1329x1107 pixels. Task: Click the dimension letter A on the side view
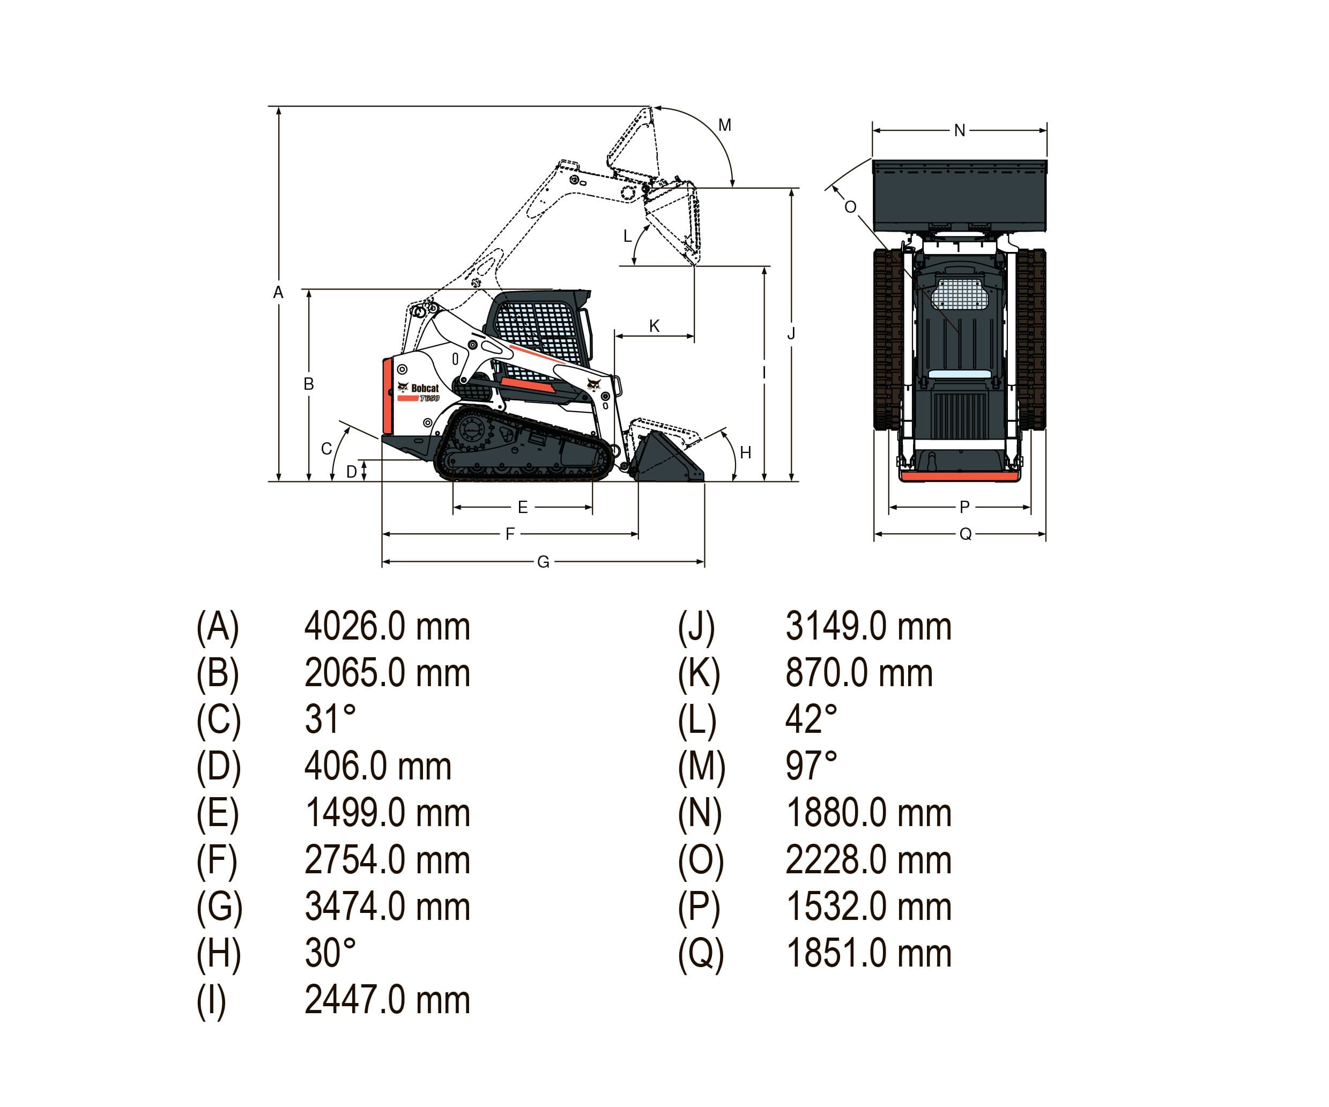pyautogui.click(x=278, y=292)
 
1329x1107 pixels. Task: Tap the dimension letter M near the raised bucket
pyautogui.click(x=725, y=125)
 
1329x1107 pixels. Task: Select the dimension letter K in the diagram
pyautogui.click(x=655, y=326)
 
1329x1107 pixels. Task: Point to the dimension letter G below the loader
pyautogui.click(x=543, y=562)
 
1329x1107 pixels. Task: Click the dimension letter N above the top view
pyautogui.click(x=960, y=130)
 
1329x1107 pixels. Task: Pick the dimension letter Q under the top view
pyautogui.click(x=965, y=534)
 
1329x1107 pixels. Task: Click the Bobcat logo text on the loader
pyautogui.click(x=424, y=388)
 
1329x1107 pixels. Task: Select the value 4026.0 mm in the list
pyautogui.click(x=387, y=627)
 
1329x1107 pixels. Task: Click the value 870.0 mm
pyautogui.click(x=859, y=673)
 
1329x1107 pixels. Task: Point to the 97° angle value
pyautogui.click(x=811, y=766)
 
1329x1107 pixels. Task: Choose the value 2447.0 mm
pyautogui.click(x=387, y=1000)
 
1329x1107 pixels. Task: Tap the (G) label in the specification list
pyautogui.click(x=219, y=907)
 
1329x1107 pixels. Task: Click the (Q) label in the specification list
pyautogui.click(x=701, y=953)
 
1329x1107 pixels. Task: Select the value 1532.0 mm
pyautogui.click(x=868, y=907)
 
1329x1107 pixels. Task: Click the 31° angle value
pyautogui.click(x=330, y=719)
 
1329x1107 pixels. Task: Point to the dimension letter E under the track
pyautogui.click(x=523, y=507)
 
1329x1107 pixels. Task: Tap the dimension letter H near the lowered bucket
pyautogui.click(x=746, y=452)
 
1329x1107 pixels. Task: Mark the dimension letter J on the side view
pyautogui.click(x=791, y=333)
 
